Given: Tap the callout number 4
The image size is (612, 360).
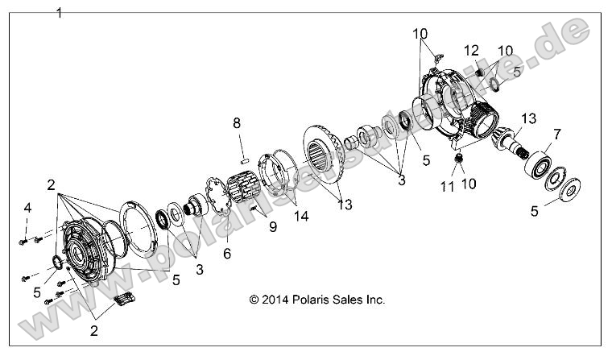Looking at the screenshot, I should click(27, 209).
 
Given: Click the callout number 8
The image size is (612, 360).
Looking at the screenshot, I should click(237, 123).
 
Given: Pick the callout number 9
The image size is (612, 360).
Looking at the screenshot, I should click(271, 227).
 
